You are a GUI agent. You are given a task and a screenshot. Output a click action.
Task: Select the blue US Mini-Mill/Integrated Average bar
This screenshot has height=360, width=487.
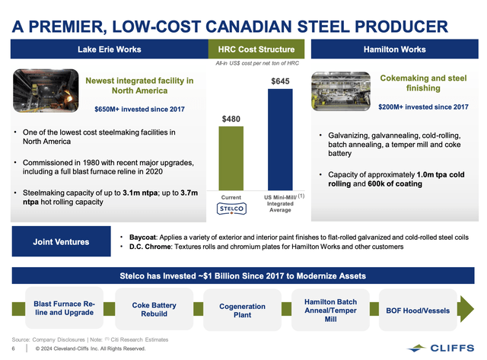point(279,139)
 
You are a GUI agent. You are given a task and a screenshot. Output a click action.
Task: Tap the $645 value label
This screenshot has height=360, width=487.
point(279,80)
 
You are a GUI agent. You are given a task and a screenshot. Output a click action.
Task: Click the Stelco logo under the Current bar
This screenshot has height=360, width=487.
point(231,206)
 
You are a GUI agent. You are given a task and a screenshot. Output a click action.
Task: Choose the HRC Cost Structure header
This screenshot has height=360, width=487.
point(256,50)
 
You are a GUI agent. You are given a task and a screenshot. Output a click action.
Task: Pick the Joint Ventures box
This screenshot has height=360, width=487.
point(56,242)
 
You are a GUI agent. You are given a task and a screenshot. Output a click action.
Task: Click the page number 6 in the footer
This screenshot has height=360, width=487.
point(15,349)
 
